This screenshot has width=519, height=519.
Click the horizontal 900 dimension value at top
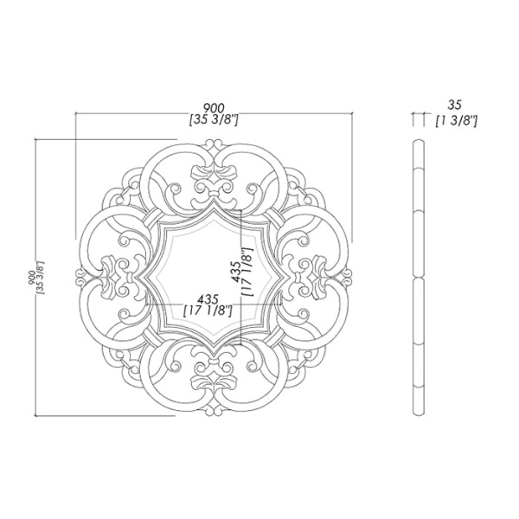[214, 108]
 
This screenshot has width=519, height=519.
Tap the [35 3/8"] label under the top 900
[214, 120]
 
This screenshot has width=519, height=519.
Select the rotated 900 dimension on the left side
[33, 277]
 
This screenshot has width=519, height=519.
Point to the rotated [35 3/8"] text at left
[42, 278]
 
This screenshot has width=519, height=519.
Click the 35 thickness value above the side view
[454, 106]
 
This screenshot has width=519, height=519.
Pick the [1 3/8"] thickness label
[456, 121]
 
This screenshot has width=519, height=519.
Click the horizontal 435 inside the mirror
[208, 299]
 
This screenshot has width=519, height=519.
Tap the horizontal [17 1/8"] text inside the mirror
[208, 311]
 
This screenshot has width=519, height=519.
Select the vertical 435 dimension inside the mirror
[237, 272]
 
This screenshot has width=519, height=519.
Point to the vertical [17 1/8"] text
[248, 272]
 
